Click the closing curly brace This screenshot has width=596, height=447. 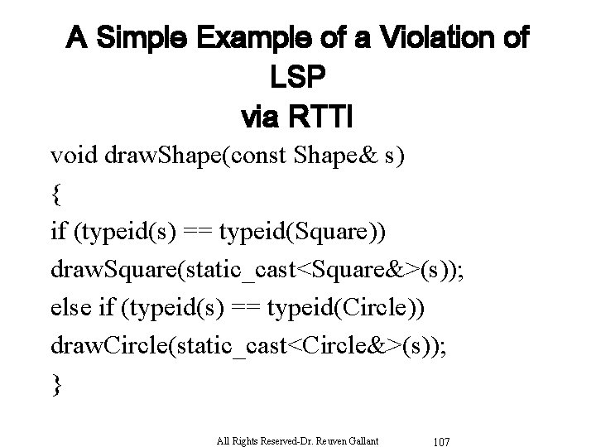pyautogui.click(x=55, y=386)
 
